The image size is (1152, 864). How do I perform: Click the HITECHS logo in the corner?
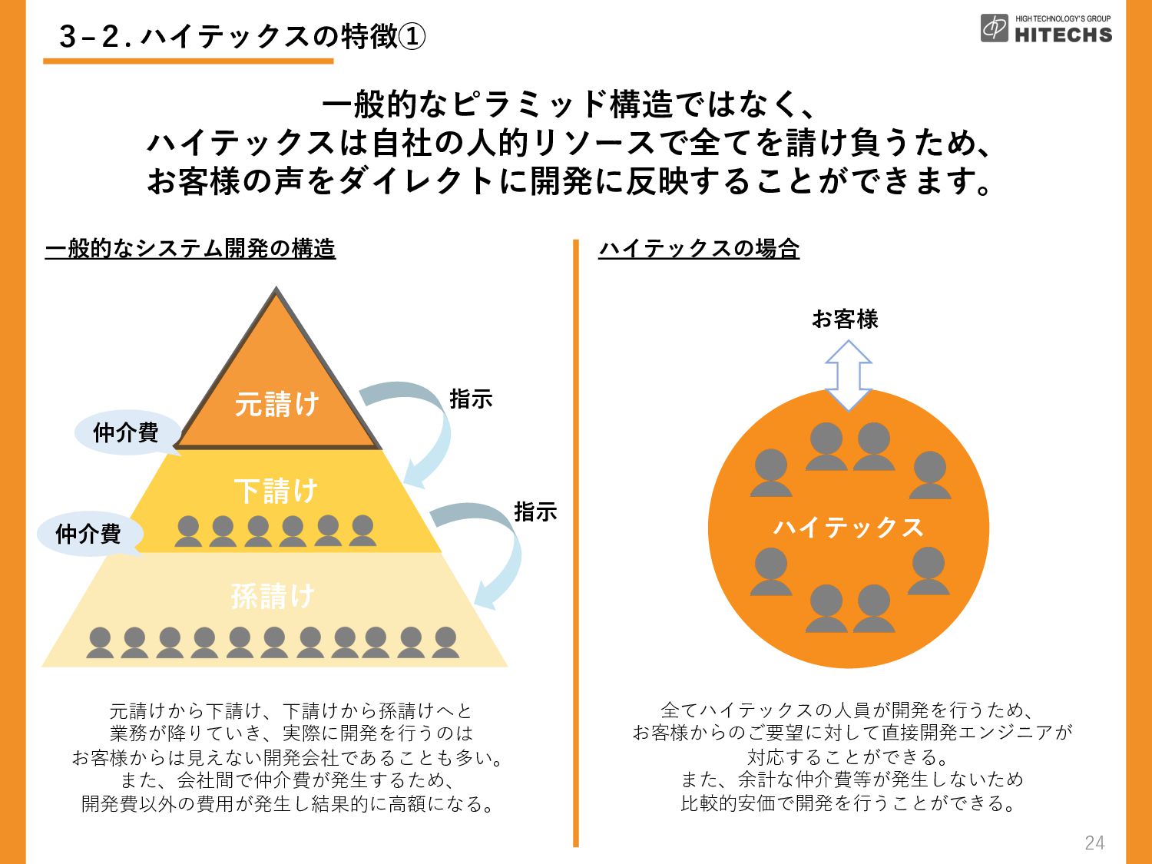tap(1046, 28)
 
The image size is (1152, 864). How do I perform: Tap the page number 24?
tap(1095, 842)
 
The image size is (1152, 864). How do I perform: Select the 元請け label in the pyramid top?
tap(276, 404)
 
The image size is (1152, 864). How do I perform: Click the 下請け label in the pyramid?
tap(276, 491)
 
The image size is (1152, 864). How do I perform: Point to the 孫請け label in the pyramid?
tap(273, 597)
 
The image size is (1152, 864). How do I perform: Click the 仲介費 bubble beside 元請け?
tap(126, 433)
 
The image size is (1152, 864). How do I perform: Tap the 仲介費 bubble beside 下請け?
tap(88, 534)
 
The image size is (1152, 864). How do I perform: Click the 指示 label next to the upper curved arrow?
tap(471, 399)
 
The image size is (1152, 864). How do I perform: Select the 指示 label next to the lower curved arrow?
tap(535, 511)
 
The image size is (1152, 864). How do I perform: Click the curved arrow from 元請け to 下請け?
tap(442, 415)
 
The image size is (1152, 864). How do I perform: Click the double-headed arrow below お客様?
tap(848, 375)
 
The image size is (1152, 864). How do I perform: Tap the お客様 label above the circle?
tap(845, 319)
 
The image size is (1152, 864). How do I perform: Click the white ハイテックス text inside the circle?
tap(848, 527)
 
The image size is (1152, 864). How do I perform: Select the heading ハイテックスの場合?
tap(699, 248)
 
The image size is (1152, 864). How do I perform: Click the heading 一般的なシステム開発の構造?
tap(190, 248)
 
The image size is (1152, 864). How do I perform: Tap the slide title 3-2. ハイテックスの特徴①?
tap(242, 37)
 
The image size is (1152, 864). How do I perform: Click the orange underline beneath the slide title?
tap(188, 61)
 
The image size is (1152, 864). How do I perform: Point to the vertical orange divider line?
tap(576, 543)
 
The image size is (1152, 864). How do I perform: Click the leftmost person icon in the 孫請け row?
tap(100, 642)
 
